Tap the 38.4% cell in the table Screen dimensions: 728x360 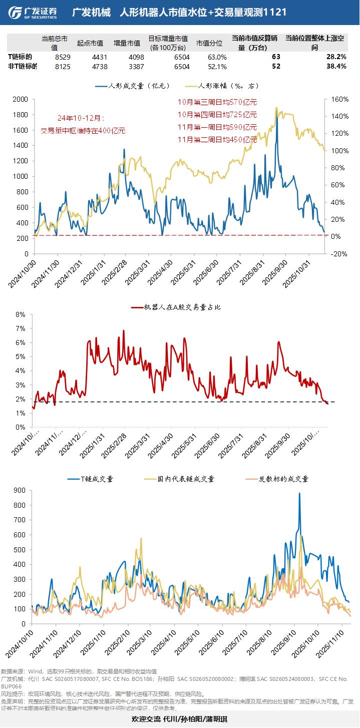[336, 66]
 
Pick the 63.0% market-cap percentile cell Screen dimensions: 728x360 [217, 57]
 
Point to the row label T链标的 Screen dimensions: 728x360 [21, 57]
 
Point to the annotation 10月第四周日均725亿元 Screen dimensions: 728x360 [217, 114]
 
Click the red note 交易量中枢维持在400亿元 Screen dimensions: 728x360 [83, 131]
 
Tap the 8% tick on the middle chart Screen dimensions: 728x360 [21, 314]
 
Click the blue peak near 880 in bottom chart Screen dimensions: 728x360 [299, 494]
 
